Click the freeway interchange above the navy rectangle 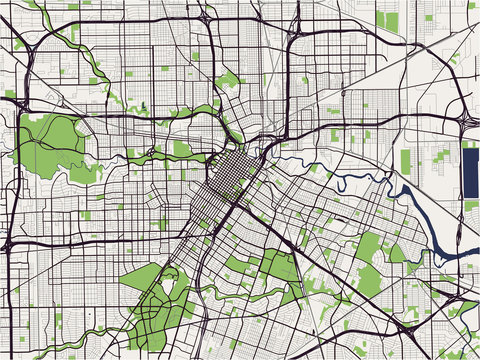[467, 117]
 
